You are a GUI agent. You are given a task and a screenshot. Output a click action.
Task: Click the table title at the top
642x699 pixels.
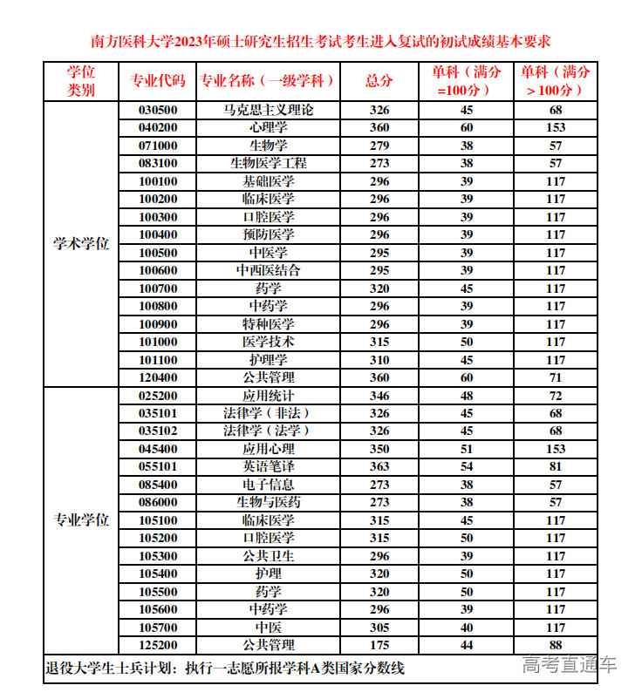coord(321,42)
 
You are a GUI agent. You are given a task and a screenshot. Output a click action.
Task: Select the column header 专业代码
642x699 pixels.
coord(158,81)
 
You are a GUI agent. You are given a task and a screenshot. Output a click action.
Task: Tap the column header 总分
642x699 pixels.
coord(379,81)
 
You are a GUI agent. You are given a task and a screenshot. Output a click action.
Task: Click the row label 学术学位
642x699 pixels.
coord(81,244)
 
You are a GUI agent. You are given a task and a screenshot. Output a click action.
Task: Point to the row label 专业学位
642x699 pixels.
coord(81,520)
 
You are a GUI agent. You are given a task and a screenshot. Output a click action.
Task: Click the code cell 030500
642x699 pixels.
coord(158,111)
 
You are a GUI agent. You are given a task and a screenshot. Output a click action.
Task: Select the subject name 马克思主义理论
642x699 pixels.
coord(269,111)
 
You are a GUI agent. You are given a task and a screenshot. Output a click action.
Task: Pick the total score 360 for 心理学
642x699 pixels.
coord(379,128)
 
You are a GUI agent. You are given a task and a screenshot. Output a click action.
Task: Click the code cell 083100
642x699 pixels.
coord(158,164)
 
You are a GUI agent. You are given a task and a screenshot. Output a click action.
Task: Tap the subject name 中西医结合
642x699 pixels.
coord(269,270)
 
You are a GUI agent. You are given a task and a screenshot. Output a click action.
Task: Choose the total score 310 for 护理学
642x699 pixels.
coord(379,360)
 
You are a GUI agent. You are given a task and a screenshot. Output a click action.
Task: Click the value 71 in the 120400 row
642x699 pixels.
coord(556,377)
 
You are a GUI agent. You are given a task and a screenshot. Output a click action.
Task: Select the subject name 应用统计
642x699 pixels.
coord(269,396)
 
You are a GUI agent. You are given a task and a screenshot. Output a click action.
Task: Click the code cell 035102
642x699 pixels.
coord(158,431)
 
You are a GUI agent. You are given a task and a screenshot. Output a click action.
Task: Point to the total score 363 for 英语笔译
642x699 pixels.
coord(379,466)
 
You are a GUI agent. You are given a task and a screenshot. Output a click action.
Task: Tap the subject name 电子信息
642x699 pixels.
coord(269,485)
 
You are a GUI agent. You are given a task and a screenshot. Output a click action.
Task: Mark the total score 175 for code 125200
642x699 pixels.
coord(379,645)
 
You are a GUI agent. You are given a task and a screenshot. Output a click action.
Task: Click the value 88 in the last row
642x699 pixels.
coord(556,645)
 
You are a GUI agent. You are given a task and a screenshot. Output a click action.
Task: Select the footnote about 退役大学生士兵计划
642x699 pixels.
coord(225,669)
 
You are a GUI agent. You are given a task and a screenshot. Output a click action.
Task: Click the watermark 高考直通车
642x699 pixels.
coord(570,664)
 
